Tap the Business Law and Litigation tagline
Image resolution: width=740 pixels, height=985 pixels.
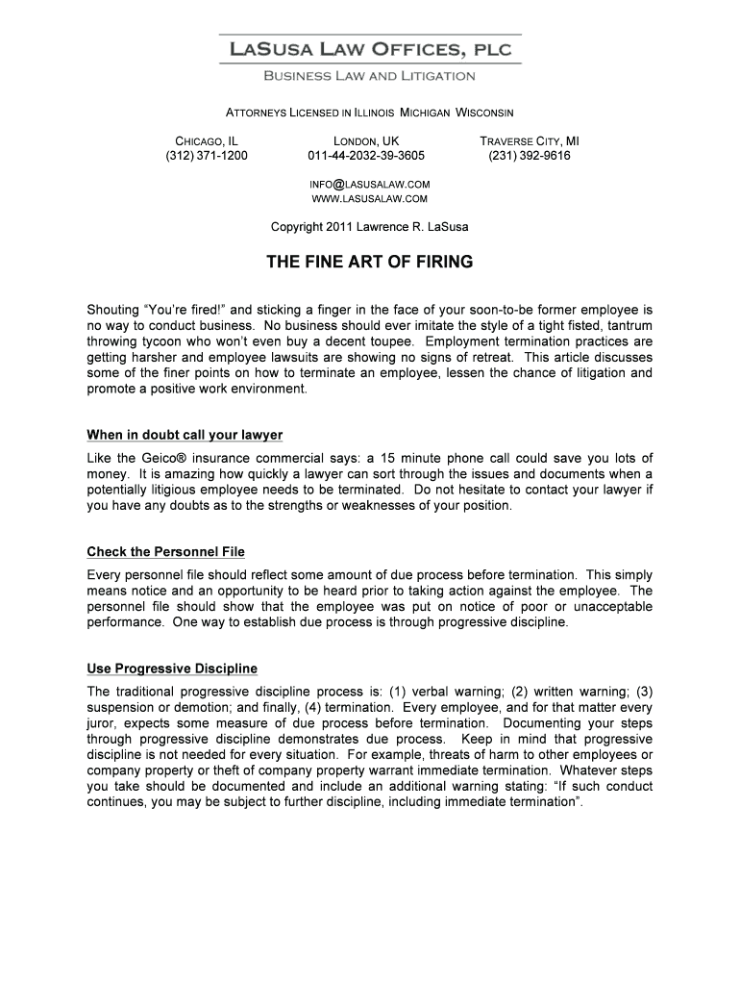click(370, 75)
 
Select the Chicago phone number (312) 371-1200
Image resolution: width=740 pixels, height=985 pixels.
click(206, 155)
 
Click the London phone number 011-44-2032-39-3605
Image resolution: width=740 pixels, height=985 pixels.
click(365, 155)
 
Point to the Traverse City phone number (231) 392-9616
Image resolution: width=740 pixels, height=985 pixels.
click(530, 155)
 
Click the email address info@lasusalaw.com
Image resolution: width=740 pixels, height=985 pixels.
click(369, 184)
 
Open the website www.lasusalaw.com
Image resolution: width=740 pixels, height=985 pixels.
click(369, 199)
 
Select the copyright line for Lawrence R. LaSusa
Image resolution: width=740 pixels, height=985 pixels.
click(370, 227)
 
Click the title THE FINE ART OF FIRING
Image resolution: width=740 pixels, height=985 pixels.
click(370, 262)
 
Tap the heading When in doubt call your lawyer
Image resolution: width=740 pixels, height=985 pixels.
click(185, 435)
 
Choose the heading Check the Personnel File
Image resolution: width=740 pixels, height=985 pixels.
click(165, 552)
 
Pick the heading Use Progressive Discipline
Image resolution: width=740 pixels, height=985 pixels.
click(172, 669)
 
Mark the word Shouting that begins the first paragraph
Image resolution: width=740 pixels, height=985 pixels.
click(113, 311)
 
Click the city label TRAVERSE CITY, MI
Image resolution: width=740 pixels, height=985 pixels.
click(530, 140)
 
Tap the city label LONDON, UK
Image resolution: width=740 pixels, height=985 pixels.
click(365, 140)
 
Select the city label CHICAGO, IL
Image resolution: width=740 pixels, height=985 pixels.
click(206, 140)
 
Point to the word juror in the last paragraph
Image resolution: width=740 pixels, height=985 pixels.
click(101, 722)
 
